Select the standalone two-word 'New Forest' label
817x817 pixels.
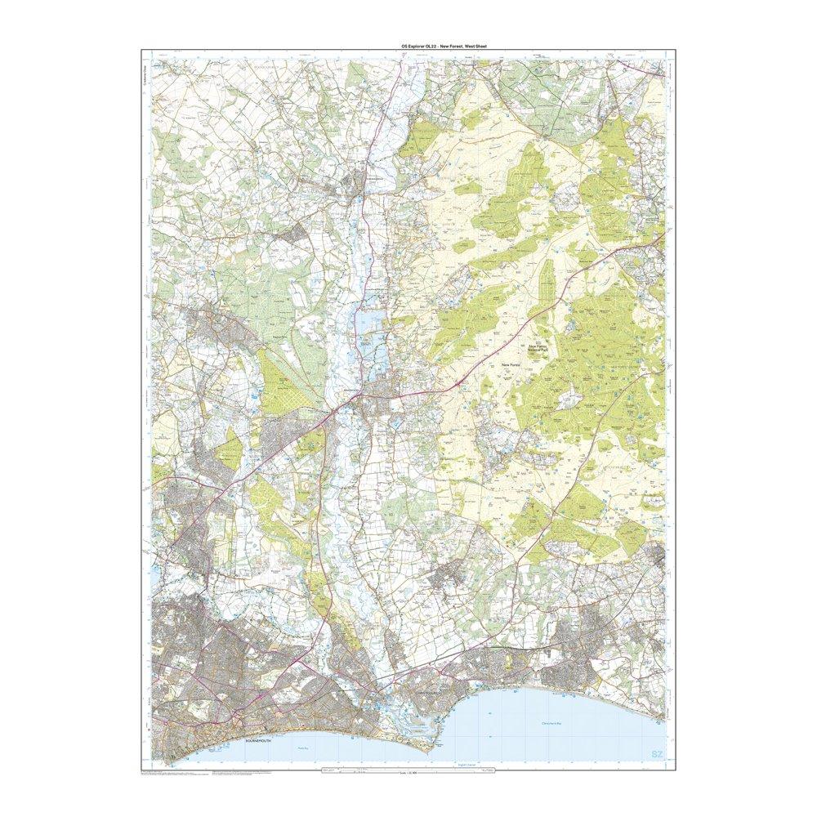coord(511,364)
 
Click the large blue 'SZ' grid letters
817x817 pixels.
coord(655,753)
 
